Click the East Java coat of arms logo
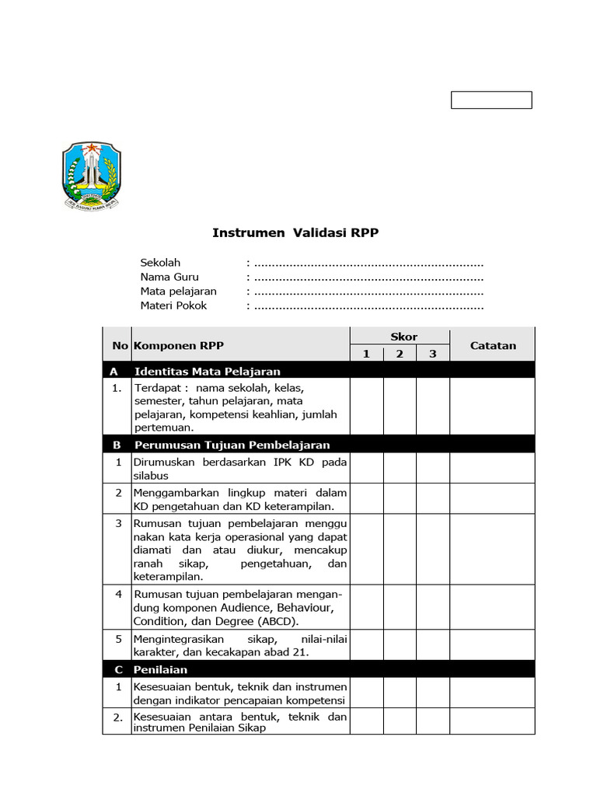pos(92,176)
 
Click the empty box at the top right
pos(492,100)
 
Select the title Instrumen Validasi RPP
pos(295,232)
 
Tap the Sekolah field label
pos(160,263)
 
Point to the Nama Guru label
pos(169,277)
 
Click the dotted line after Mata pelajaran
pos(368,292)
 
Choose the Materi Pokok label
pos(173,305)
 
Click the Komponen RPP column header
pos(179,346)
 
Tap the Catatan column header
pos(493,346)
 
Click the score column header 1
pos(366,354)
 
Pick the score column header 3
pos(433,354)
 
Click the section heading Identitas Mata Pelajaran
pos(207,372)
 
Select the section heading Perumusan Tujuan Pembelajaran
pos(232,445)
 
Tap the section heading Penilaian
pos(161,669)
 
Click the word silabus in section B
pos(151,476)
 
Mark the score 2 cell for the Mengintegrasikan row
pos(400,645)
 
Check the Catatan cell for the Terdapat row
pos(493,407)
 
